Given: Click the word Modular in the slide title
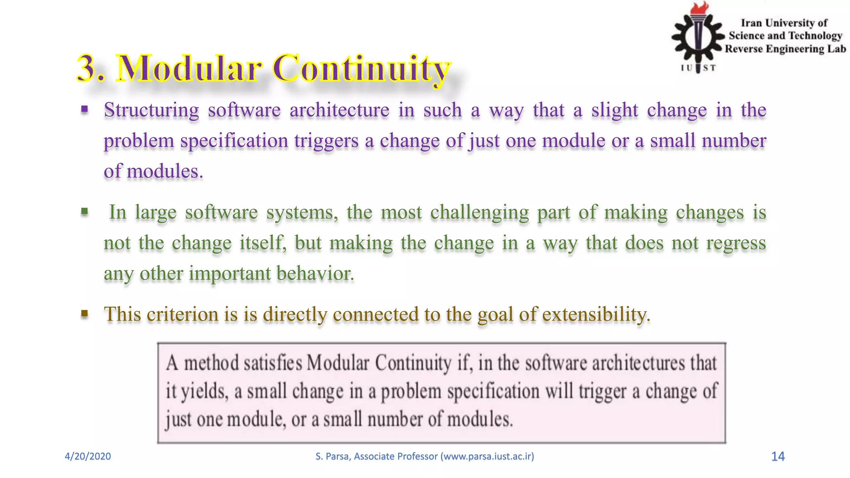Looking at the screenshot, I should pyautogui.click(x=190, y=68).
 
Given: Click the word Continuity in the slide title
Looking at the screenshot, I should pyautogui.click(x=361, y=68).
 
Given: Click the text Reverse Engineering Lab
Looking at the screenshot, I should pyautogui.click(x=785, y=49).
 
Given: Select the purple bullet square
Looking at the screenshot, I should pyautogui.click(x=85, y=110).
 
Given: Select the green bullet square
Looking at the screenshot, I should pyautogui.click(x=85, y=212).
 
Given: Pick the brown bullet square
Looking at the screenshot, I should pyautogui.click(x=85, y=314).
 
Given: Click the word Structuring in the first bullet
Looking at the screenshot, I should pyautogui.click(x=151, y=110).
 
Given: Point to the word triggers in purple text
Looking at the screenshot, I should pyautogui.click(x=326, y=141).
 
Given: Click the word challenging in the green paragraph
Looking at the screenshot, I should pyautogui.click(x=479, y=213).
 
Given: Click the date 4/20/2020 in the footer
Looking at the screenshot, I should pyautogui.click(x=88, y=456).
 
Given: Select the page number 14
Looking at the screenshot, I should pyautogui.click(x=777, y=456).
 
